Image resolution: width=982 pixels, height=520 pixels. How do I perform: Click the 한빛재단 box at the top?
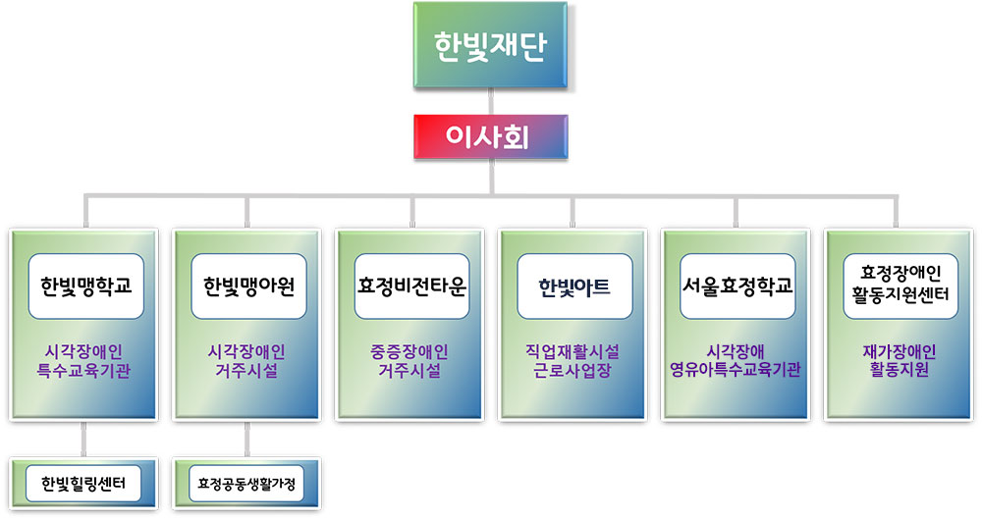(x=490, y=44)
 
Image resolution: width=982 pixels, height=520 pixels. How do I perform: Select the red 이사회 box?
(x=490, y=136)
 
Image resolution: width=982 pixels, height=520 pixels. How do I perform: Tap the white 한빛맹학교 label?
(x=86, y=286)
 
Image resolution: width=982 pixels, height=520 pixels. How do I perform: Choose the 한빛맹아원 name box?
(x=248, y=286)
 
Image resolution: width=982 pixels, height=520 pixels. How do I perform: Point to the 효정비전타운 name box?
(x=411, y=286)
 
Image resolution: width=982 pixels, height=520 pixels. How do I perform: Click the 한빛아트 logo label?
(x=574, y=286)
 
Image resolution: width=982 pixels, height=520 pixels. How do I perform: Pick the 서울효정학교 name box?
(x=737, y=286)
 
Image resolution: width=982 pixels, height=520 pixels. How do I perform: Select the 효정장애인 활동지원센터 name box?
(x=900, y=286)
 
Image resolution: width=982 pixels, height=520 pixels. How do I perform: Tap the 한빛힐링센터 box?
(x=83, y=483)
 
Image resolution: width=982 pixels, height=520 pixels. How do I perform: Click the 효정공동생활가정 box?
(x=246, y=483)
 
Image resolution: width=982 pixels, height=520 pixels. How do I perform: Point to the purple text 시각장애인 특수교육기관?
(x=83, y=361)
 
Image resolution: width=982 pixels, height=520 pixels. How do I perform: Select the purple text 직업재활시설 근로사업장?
(x=573, y=361)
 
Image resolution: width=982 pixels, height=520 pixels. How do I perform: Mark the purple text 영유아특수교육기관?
(x=736, y=370)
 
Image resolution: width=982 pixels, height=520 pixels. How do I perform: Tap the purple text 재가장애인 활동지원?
(x=899, y=361)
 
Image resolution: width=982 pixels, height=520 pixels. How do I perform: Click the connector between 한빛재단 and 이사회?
(x=490, y=101)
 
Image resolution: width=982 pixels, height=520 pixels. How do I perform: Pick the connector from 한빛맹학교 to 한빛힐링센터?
(x=83, y=439)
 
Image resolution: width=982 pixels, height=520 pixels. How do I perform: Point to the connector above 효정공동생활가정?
(x=246, y=439)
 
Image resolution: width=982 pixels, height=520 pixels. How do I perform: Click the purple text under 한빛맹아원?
(x=246, y=361)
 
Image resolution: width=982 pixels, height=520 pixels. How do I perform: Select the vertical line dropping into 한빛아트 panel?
(x=573, y=212)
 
